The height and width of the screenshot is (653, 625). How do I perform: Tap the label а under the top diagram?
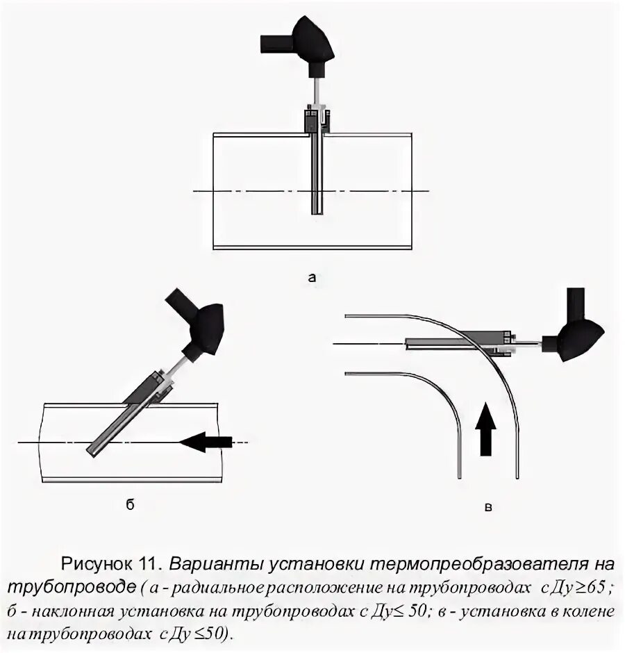pos(312,278)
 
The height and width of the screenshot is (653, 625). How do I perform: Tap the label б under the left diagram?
pos(130,506)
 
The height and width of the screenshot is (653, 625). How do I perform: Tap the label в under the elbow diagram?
pos(488,508)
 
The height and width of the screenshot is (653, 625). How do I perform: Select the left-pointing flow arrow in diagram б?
pos(205,441)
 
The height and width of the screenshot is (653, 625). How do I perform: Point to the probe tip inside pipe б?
pos(92,451)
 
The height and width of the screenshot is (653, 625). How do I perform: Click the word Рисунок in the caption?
pos(97,562)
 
